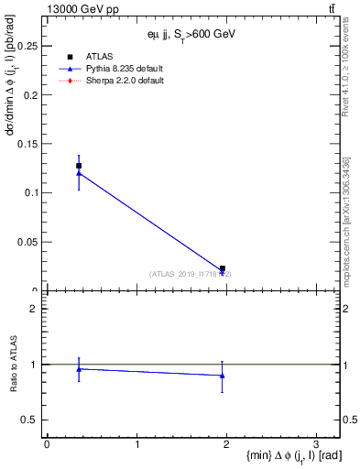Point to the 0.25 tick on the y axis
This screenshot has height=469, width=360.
click(30, 45)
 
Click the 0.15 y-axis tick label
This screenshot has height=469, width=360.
click(30, 144)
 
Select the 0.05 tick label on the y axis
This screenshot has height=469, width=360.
click(30, 242)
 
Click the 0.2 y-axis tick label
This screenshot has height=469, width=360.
click(33, 94)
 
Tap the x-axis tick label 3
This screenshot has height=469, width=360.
click(315, 444)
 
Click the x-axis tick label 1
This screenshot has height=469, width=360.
click(136, 444)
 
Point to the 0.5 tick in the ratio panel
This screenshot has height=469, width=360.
click(33, 420)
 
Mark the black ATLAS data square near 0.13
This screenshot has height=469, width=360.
click(79, 166)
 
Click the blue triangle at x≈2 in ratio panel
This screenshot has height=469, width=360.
click(223, 376)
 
